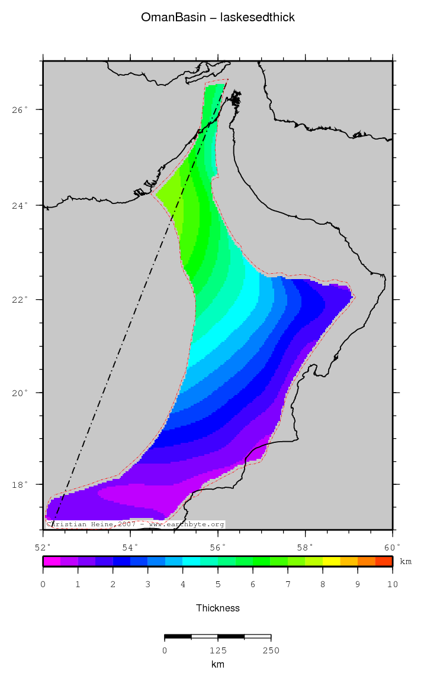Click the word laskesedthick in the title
pos(258,18)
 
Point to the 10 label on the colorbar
pos(392,585)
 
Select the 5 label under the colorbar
pos(217,585)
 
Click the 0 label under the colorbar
pos(43,585)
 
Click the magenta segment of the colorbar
pos(52,561)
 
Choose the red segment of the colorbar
pos(384,561)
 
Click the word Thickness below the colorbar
pos(217,608)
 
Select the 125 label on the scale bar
pos(217,650)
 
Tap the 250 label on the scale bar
pos(271,650)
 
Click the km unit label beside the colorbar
pos(406,561)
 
